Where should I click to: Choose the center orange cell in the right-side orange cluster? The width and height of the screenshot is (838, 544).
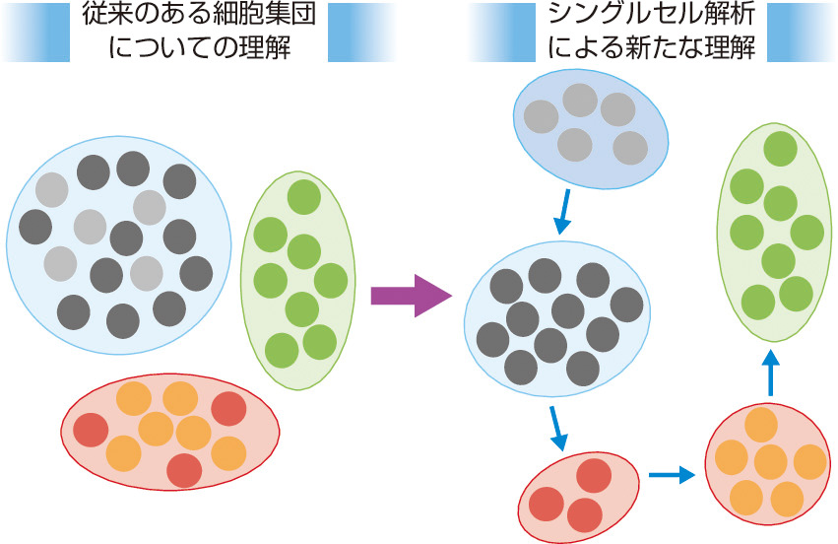click(x=769, y=461)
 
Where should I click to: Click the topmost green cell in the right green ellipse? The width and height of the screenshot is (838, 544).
click(x=781, y=149)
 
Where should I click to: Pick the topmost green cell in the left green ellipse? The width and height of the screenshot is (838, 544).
click(x=303, y=195)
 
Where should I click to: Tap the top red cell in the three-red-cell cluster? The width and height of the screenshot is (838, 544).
click(x=593, y=476)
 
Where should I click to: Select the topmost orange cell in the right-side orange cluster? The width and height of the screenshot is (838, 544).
click(x=761, y=425)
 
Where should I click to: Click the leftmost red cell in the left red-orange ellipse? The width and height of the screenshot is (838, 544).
click(x=91, y=429)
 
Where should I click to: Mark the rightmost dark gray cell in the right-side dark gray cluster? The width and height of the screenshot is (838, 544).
click(x=626, y=305)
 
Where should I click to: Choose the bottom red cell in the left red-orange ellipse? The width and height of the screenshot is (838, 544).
click(x=184, y=470)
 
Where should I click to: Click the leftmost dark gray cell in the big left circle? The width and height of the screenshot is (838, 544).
click(x=35, y=226)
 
